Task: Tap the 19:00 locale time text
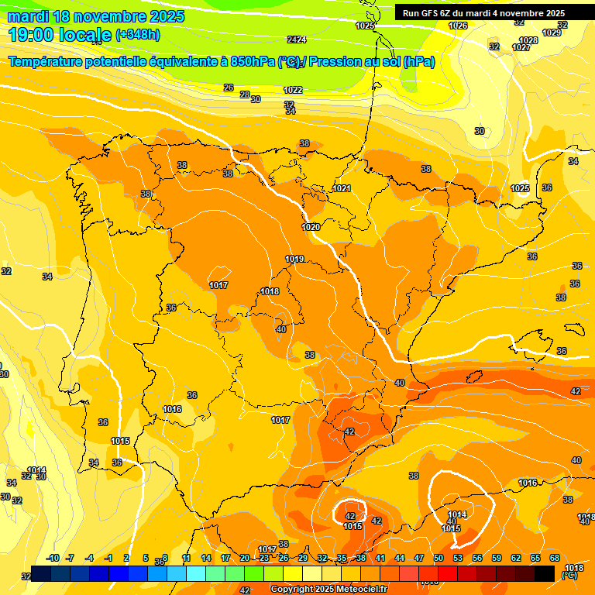tap(59, 35)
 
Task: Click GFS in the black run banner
tap(433, 13)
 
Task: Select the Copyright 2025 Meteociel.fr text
tap(328, 590)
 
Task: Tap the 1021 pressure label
tap(342, 188)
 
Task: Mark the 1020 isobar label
tap(311, 227)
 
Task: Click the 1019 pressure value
tap(294, 259)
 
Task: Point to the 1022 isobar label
tap(292, 91)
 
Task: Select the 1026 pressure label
tap(458, 26)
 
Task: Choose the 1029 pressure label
tap(552, 33)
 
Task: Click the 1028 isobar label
tap(528, 40)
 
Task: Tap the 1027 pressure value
tap(521, 47)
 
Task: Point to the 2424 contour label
tap(296, 40)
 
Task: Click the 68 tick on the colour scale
tap(555, 558)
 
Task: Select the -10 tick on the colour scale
tap(53, 558)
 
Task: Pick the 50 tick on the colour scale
tap(439, 558)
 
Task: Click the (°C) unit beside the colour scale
tap(569, 576)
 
